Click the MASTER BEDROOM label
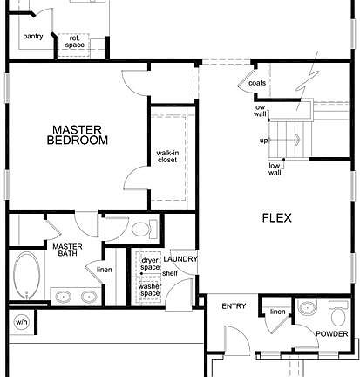coord(78,134)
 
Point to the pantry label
coord(33,37)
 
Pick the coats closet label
coord(257,83)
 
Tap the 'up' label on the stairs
coord(264,140)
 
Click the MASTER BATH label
coord(66,251)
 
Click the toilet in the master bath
coord(141,230)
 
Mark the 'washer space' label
coord(149,288)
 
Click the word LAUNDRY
coord(180,259)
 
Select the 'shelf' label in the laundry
coord(169,273)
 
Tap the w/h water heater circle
coord(20,321)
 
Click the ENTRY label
coord(234,305)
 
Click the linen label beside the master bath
coord(104,270)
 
